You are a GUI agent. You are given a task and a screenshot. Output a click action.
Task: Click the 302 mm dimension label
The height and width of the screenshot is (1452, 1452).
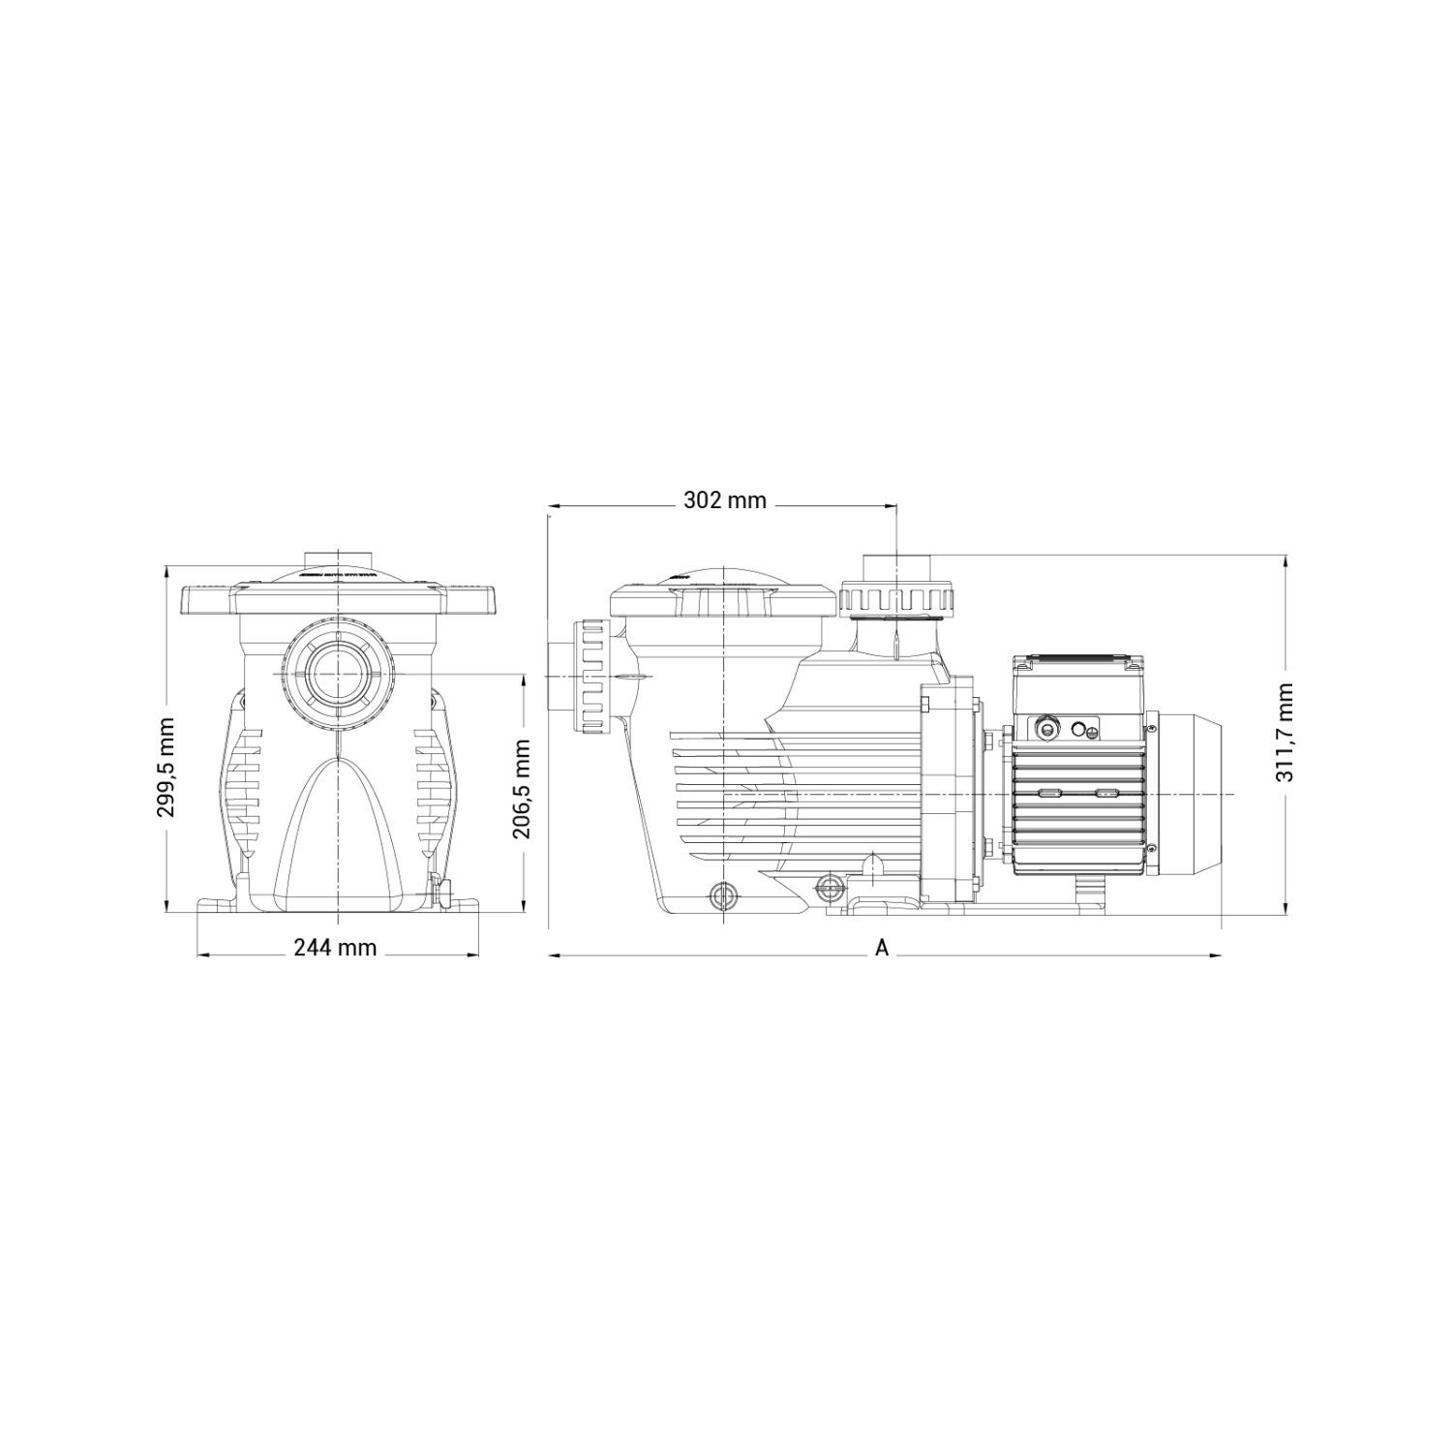tap(725, 500)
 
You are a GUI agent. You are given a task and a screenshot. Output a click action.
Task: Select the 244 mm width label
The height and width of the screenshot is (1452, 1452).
tap(335, 947)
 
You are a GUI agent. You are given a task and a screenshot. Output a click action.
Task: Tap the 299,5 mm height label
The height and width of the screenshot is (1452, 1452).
tap(166, 766)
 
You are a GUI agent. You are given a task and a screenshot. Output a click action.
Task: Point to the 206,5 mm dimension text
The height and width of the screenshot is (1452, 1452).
tap(523, 789)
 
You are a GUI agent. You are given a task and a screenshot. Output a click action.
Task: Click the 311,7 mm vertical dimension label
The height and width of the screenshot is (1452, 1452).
tap(1286, 732)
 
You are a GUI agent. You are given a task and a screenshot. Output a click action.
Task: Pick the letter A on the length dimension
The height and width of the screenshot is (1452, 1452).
tap(882, 948)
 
